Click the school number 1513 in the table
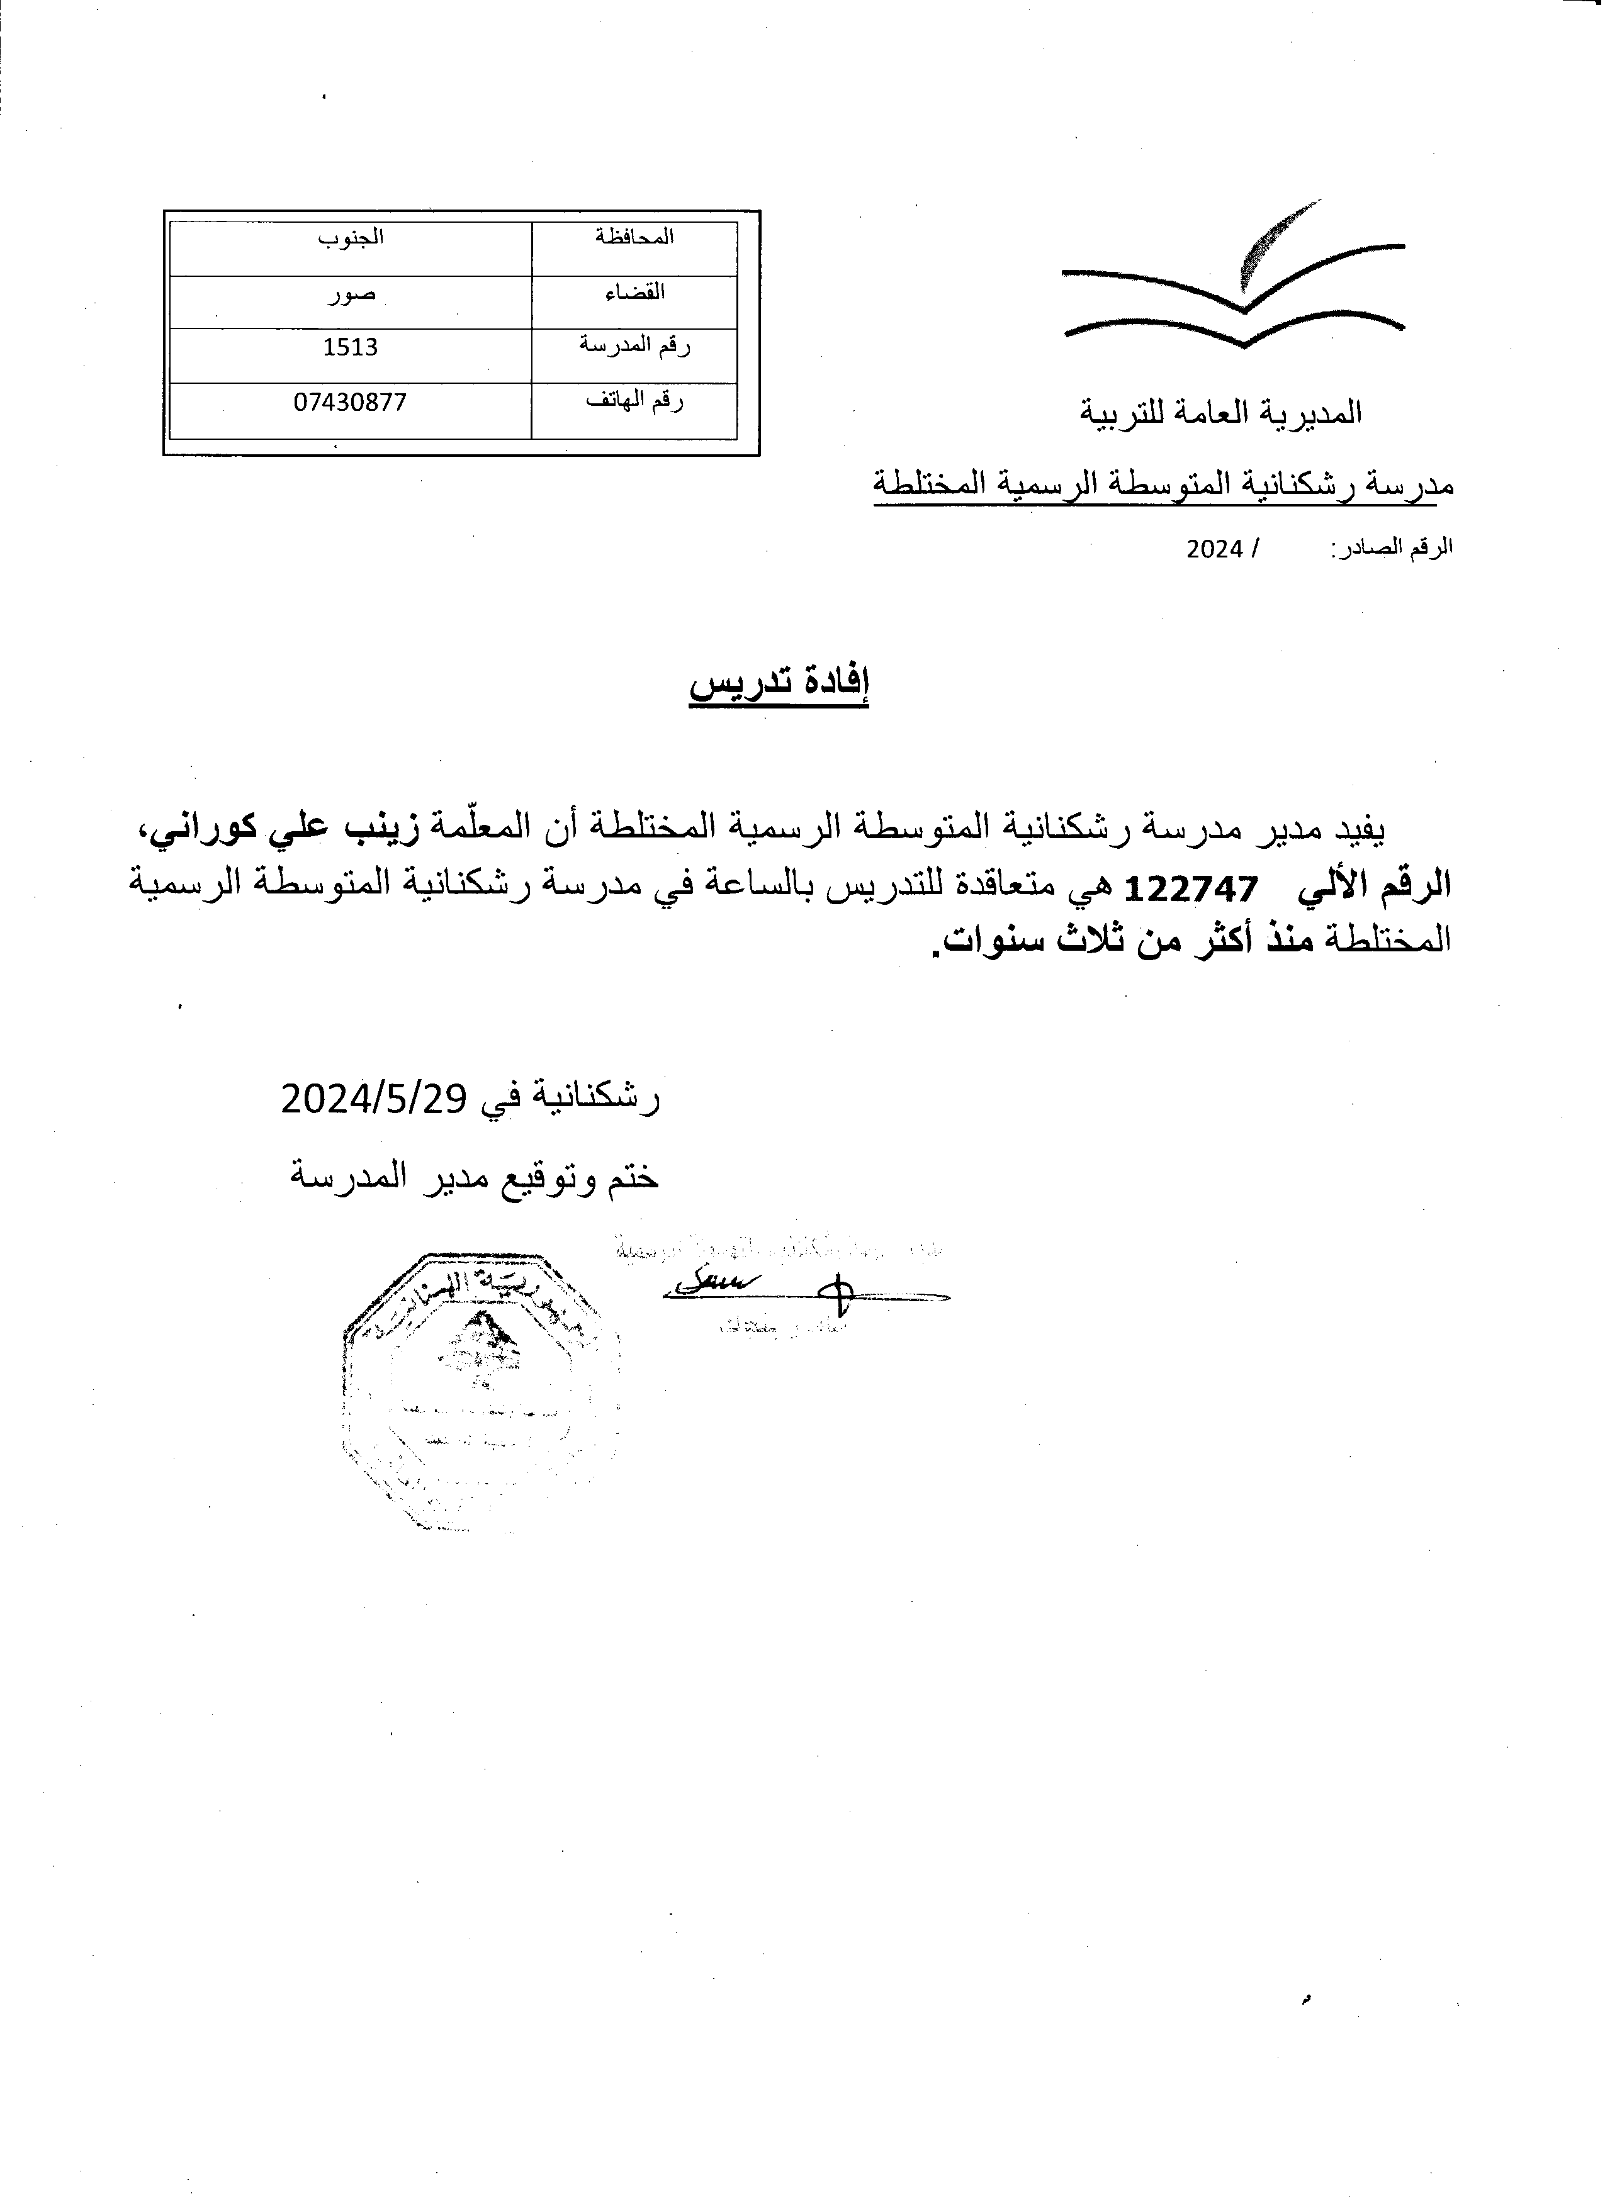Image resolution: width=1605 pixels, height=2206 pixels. point(350,347)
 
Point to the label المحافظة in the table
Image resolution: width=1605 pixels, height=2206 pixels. point(634,237)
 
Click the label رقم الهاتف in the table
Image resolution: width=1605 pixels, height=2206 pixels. point(634,401)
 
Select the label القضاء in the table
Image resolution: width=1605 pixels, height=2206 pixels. point(634,292)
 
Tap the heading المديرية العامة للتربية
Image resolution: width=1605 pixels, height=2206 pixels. point(1221,413)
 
